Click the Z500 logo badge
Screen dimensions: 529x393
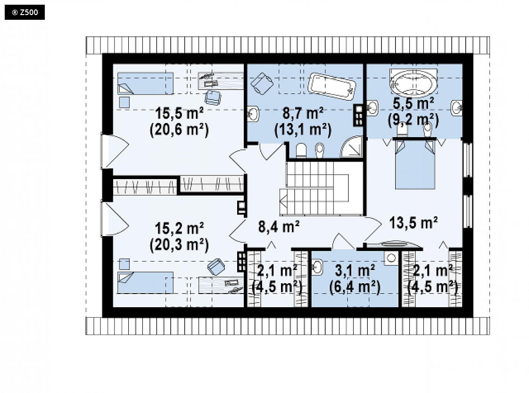point(25,13)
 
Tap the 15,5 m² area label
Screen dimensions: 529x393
point(179,113)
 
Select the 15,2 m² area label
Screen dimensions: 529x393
point(179,229)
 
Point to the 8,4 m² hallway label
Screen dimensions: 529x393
point(279,227)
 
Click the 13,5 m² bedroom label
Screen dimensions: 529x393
point(413,223)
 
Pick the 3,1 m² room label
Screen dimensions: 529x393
point(355,270)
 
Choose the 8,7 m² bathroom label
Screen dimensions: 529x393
point(303,113)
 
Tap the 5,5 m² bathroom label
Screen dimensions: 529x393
point(413,104)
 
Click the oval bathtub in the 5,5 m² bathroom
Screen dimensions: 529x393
point(413,83)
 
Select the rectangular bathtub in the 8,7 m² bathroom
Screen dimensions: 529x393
point(331,86)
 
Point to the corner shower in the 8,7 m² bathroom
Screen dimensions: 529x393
point(352,147)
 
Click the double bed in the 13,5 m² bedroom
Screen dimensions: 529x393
point(414,164)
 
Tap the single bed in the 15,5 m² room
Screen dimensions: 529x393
point(145,83)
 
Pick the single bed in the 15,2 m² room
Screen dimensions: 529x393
point(145,282)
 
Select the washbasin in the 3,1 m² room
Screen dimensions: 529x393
point(317,267)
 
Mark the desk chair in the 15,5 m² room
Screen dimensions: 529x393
point(213,98)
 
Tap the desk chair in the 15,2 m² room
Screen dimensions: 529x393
point(216,267)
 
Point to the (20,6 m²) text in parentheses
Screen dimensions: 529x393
point(179,130)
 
